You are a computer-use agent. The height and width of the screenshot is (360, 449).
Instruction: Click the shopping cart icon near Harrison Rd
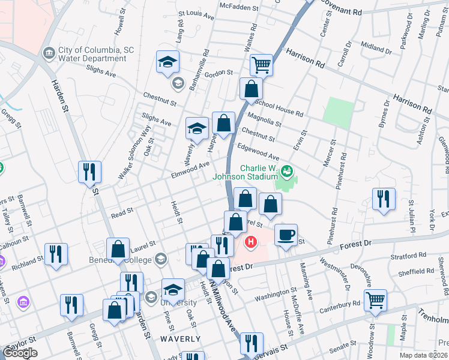click(262, 64)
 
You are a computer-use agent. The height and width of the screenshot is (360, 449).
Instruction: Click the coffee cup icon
click(286, 234)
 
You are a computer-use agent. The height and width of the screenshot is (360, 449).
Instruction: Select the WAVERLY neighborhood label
click(180, 339)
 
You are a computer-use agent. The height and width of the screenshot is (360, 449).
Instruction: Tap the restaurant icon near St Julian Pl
click(384, 199)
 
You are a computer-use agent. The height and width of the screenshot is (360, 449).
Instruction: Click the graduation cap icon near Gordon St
click(168, 61)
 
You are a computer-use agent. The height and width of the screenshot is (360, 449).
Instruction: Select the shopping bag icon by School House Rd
click(251, 89)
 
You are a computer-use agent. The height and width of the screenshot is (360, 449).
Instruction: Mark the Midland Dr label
click(376, 46)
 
